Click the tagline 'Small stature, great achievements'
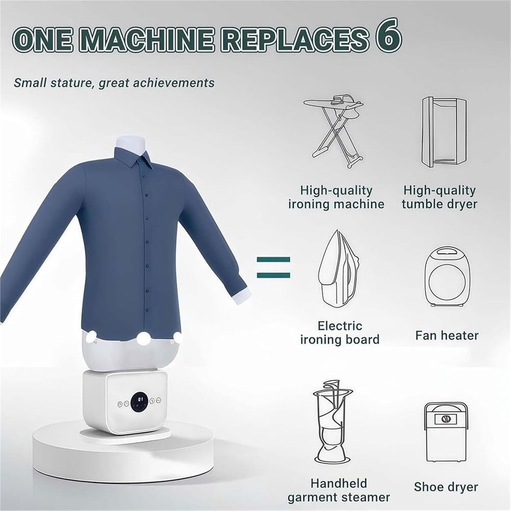[114, 83]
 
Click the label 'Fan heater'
[447, 336]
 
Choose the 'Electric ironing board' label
[340, 333]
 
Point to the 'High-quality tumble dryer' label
[439, 197]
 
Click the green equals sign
[273, 267]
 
